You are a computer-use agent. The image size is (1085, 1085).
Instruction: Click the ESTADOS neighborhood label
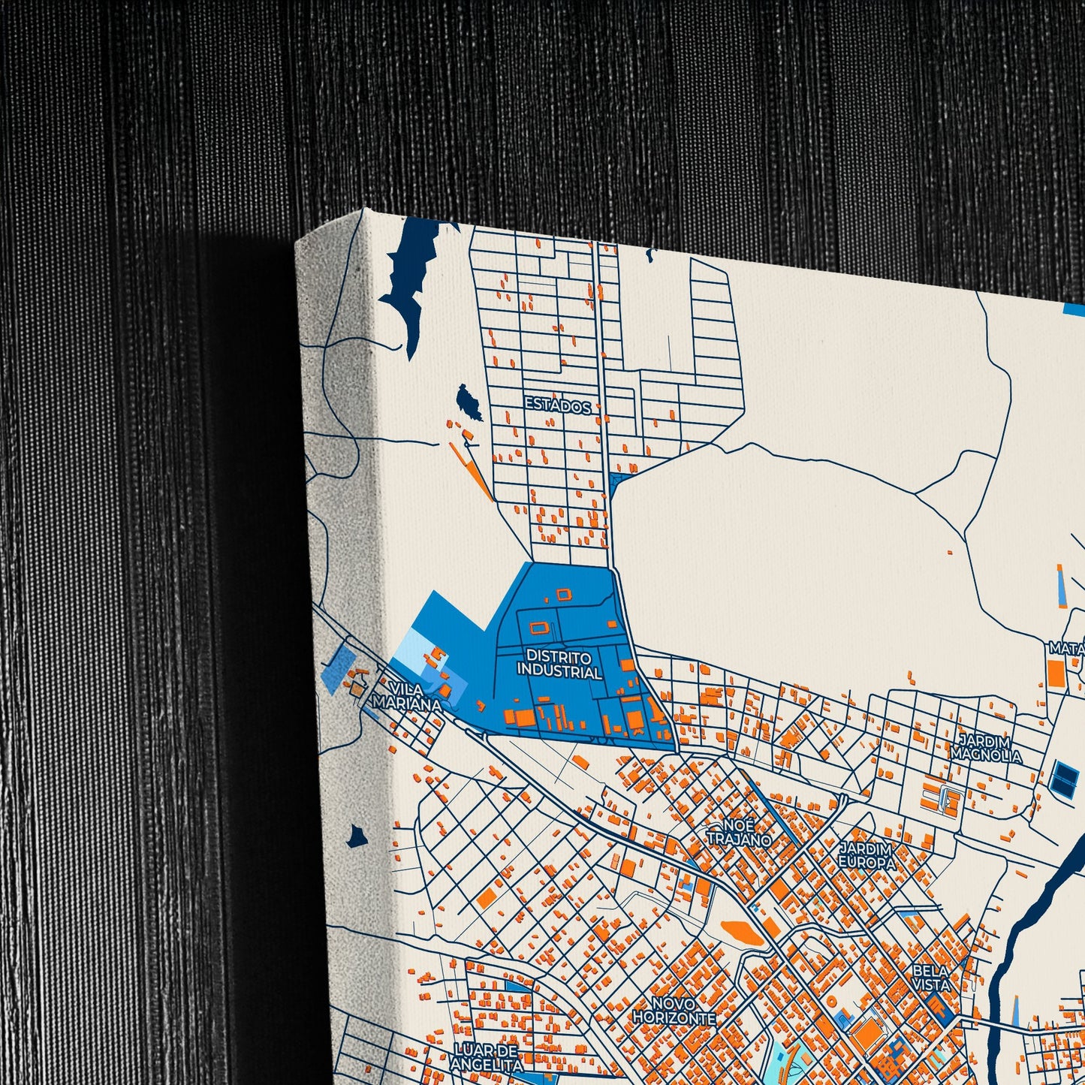(557, 405)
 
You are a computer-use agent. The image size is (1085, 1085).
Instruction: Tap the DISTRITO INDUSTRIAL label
(559, 665)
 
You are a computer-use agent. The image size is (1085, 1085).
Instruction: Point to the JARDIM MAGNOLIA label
(986, 748)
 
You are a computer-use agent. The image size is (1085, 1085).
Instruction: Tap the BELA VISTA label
(931, 977)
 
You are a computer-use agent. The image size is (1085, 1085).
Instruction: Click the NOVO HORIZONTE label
(674, 1011)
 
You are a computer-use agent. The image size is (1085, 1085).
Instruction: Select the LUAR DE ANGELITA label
(487, 1056)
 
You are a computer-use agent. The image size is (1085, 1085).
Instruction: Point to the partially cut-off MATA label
(1066, 647)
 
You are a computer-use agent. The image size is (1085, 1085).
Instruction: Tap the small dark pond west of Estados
(470, 402)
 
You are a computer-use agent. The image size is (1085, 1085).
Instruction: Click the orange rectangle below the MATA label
(1056, 674)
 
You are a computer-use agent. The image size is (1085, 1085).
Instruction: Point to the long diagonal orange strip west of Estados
(471, 472)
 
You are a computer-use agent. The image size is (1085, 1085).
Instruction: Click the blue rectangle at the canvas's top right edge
(1074, 309)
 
